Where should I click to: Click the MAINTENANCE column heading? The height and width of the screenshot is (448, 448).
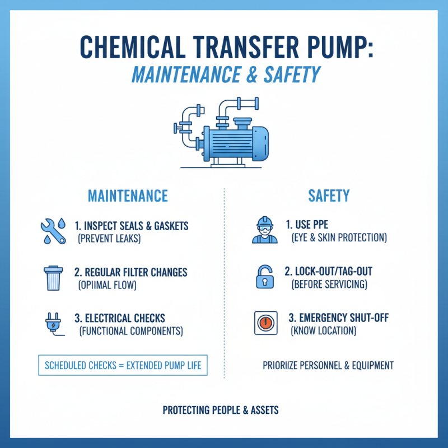[128, 195]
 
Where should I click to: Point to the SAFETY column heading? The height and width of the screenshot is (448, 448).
[329, 195]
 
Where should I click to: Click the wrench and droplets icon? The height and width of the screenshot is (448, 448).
[53, 231]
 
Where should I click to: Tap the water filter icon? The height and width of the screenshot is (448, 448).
[53, 277]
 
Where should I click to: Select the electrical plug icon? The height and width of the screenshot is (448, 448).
[53, 323]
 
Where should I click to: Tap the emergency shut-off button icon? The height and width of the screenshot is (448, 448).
[265, 323]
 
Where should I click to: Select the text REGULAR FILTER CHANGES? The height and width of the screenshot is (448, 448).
[136, 273]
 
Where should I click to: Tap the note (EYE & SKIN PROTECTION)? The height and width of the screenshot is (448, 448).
[339, 238]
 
